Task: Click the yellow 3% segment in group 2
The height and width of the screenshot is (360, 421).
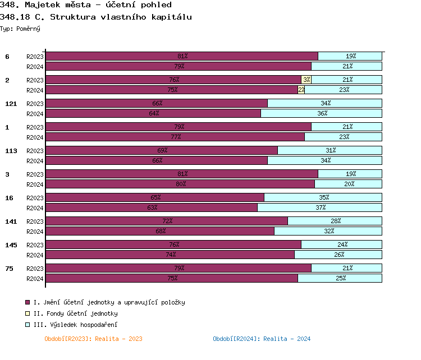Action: (x=306, y=80)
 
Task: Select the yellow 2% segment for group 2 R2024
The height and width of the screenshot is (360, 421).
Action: (x=301, y=90)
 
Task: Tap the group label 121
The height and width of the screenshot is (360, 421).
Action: (x=11, y=104)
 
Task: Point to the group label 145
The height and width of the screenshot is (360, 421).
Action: (x=11, y=245)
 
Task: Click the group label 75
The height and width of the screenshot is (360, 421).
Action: (x=9, y=269)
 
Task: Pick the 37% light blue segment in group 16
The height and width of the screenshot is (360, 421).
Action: (x=320, y=207)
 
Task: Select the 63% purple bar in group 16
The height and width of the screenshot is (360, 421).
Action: (x=152, y=207)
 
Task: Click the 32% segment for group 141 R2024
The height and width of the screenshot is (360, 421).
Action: (x=328, y=231)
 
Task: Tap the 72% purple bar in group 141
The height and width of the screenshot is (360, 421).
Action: (x=167, y=221)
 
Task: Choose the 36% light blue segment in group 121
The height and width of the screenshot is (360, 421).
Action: (x=322, y=113)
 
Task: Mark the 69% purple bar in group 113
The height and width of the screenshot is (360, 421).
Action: (x=162, y=150)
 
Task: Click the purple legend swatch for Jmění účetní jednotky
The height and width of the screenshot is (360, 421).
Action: (x=28, y=302)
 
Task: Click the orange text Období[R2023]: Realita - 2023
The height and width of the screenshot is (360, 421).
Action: (x=93, y=339)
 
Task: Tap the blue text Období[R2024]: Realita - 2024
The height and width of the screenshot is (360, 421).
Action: (x=262, y=339)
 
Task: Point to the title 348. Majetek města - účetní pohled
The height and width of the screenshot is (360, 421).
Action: (x=86, y=5)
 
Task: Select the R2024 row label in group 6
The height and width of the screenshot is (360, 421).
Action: (x=35, y=66)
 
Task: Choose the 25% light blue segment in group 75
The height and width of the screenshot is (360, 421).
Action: (x=340, y=278)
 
